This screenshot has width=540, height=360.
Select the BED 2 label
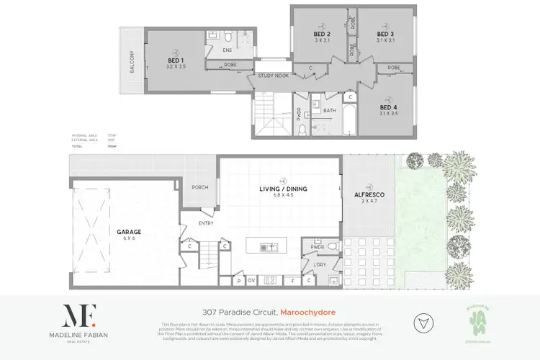(x=322, y=35)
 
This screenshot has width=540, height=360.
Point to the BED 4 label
(x=390, y=106)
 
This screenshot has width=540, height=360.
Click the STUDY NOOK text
(x=272, y=74)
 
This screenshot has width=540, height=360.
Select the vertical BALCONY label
(x=132, y=63)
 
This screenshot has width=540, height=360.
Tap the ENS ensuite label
(x=227, y=51)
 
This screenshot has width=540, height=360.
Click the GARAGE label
(x=125, y=232)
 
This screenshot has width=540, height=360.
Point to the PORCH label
(x=199, y=189)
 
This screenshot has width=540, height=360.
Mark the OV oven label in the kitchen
(x=251, y=281)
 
